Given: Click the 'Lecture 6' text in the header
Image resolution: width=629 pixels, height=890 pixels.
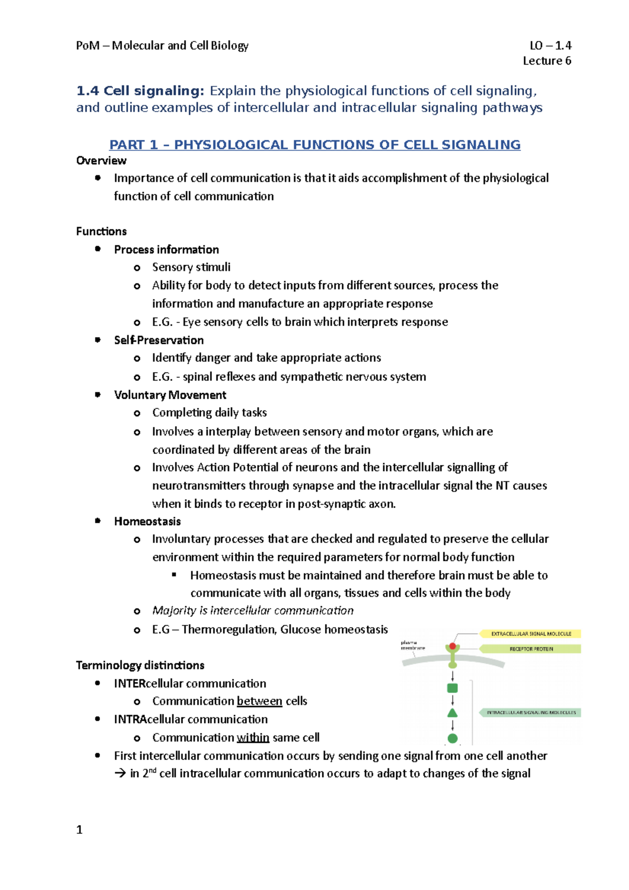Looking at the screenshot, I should pos(547,61).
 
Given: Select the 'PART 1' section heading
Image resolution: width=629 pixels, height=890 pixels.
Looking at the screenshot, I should pos(314,145).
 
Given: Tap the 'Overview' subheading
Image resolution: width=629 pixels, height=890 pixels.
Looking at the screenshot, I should pos(101,160).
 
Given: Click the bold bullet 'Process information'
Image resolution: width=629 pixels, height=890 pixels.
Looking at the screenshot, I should pos(166,249).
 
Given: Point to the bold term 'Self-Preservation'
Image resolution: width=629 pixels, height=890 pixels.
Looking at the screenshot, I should pos(159,340).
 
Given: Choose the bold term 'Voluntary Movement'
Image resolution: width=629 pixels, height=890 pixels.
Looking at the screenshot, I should pos(170,395).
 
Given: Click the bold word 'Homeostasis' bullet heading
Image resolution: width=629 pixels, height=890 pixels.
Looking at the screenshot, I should pos(147,522).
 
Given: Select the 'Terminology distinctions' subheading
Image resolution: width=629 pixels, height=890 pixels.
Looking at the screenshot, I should pos(140,665).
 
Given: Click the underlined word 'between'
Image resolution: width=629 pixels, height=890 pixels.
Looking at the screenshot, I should pos(259,701).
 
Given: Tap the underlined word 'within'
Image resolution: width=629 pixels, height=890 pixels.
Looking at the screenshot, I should pos(253,737).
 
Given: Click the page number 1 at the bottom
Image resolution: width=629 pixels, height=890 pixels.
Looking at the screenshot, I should pos(79,830).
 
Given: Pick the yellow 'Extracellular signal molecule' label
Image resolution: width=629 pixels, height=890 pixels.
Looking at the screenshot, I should pos(530,634).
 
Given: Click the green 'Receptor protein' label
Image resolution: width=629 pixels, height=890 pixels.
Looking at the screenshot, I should pos(530,649).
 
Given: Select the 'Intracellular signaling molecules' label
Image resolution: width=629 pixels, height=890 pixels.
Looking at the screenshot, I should pos(530,712).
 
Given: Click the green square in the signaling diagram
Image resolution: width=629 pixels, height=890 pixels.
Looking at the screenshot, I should pos(452,688).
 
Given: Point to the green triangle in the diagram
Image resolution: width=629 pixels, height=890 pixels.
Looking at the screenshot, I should pos(452,713).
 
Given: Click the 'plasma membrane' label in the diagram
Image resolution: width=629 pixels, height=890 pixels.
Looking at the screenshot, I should pos(413,645).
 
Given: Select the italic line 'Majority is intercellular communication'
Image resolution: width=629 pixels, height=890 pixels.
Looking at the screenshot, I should pos(253,611).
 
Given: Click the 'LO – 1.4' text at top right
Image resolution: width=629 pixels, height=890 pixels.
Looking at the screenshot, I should pos(550,46).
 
